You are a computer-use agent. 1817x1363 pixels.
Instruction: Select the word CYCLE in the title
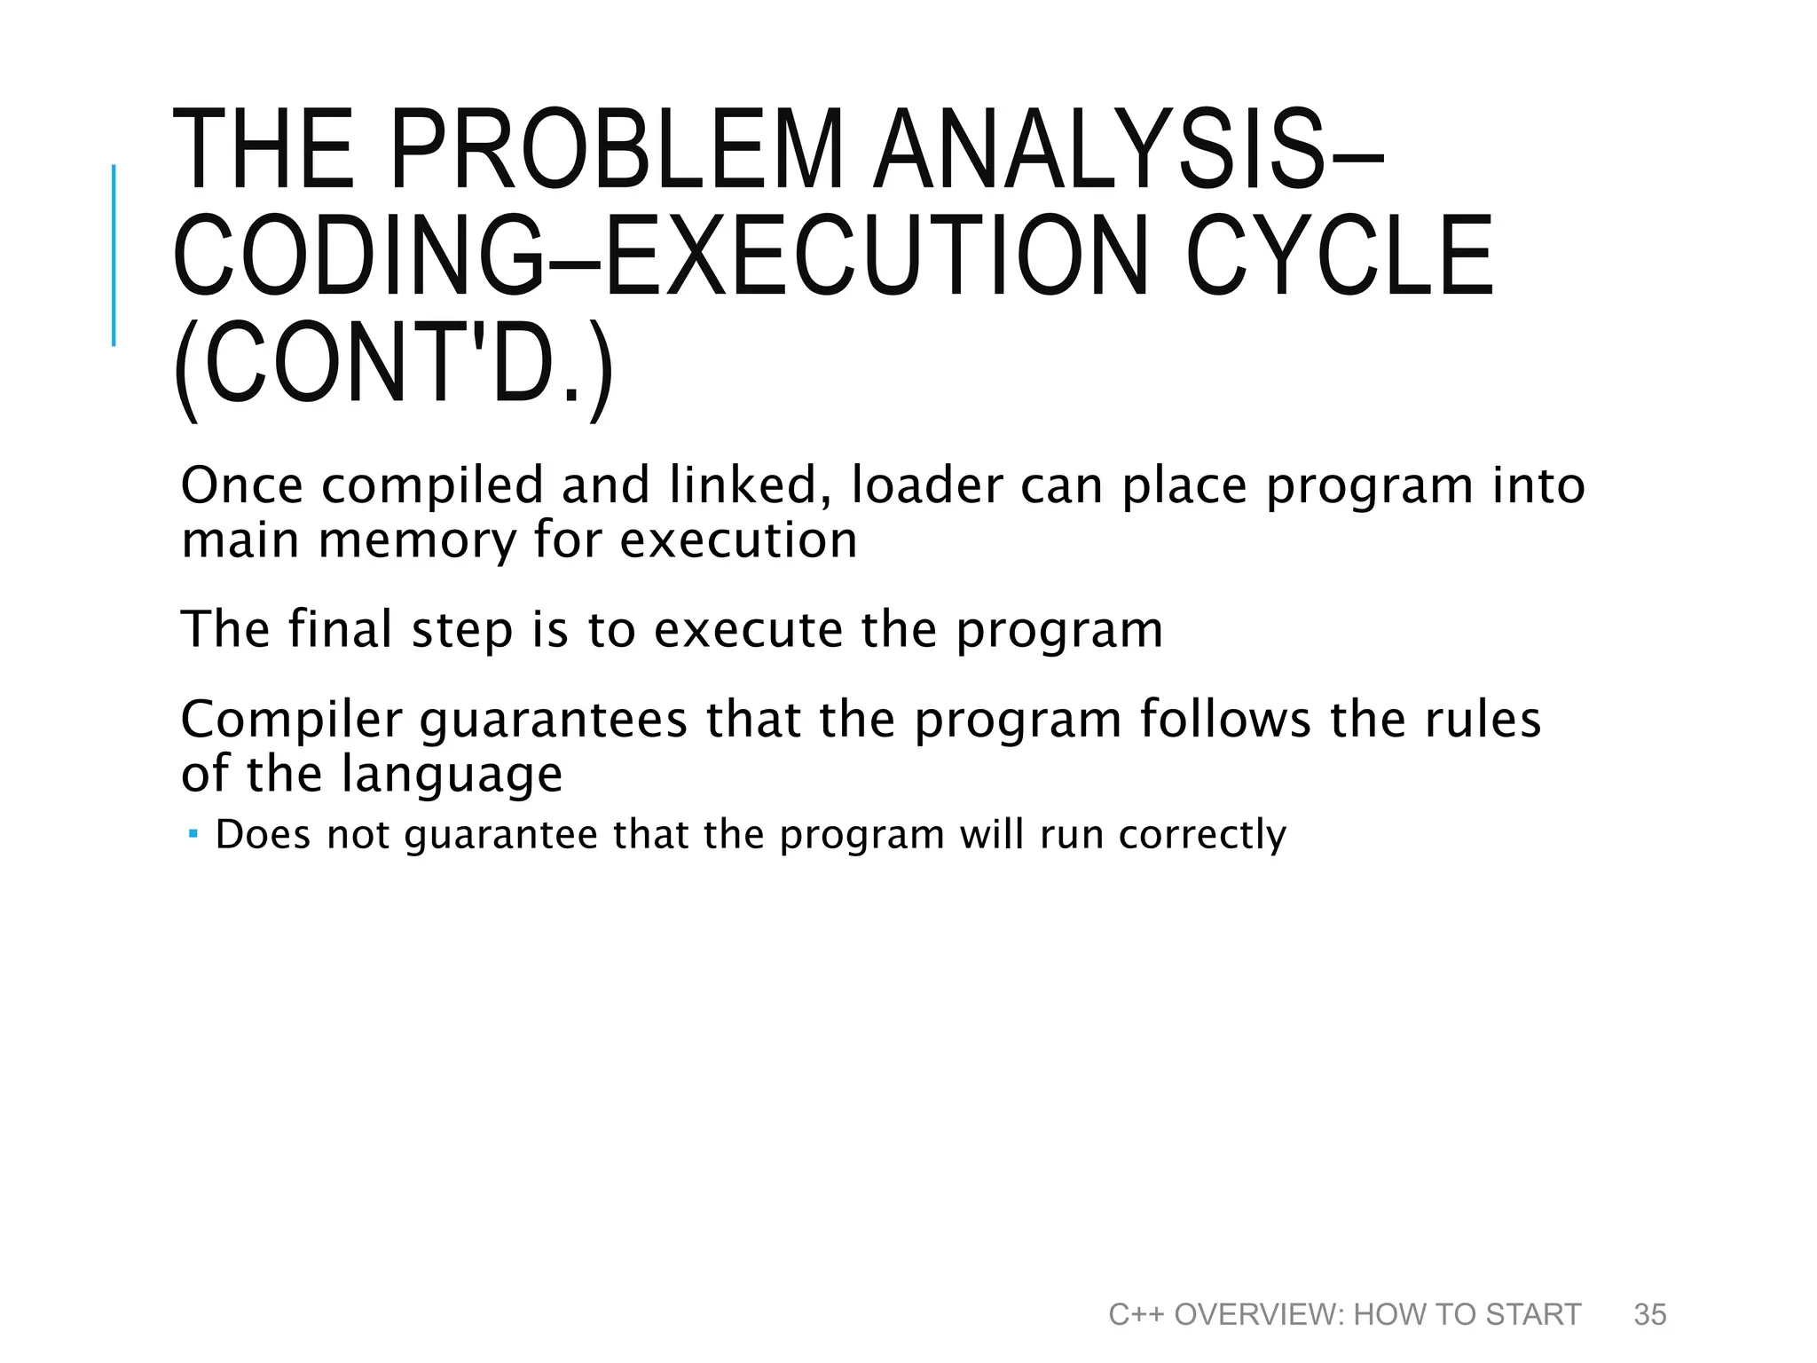pyautogui.click(x=1340, y=257)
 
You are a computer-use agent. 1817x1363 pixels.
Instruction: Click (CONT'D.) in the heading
pyautogui.click(x=393, y=365)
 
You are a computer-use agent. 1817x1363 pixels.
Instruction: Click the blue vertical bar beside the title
pyautogui.click(x=114, y=255)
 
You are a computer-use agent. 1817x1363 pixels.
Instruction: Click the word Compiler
pyautogui.click(x=292, y=720)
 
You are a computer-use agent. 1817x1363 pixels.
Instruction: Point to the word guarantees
pyautogui.click(x=553, y=720)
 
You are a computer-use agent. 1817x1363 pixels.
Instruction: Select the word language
pyautogui.click(x=452, y=774)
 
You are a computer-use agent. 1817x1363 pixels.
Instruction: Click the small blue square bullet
pyautogui.click(x=193, y=834)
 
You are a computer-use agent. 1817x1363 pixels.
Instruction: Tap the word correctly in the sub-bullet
pyautogui.click(x=1202, y=835)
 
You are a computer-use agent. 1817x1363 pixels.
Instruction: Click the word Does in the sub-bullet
pyautogui.click(x=264, y=835)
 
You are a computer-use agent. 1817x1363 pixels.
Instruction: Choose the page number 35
pyautogui.click(x=1650, y=1314)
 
